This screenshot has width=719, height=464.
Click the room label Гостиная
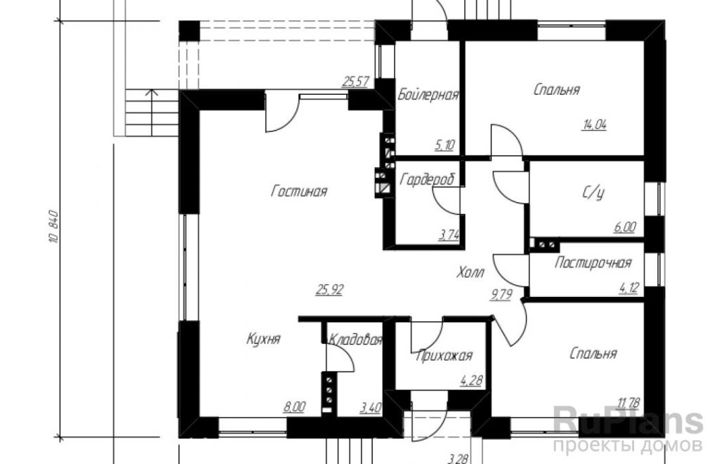[299, 191]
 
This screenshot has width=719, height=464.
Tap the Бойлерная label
[428, 95]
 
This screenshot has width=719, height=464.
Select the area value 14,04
[594, 124]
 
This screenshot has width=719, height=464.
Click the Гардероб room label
[428, 179]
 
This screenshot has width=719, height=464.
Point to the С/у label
[593, 193]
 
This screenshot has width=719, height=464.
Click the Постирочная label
[593, 263]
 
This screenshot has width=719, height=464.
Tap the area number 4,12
[628, 289]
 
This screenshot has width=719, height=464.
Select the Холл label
[470, 273]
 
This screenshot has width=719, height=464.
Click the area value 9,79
[501, 295]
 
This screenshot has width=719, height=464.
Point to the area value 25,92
[329, 290]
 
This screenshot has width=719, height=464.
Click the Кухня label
[263, 339]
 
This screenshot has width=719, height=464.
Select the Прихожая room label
[444, 356]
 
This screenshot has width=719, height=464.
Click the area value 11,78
[628, 404]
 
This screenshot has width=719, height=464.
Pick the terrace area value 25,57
[356, 81]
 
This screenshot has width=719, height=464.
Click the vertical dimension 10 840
[53, 227]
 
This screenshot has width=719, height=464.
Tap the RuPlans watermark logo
[628, 421]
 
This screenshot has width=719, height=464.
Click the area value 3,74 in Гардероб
[449, 236]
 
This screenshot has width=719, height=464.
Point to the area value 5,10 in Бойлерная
[444, 145]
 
